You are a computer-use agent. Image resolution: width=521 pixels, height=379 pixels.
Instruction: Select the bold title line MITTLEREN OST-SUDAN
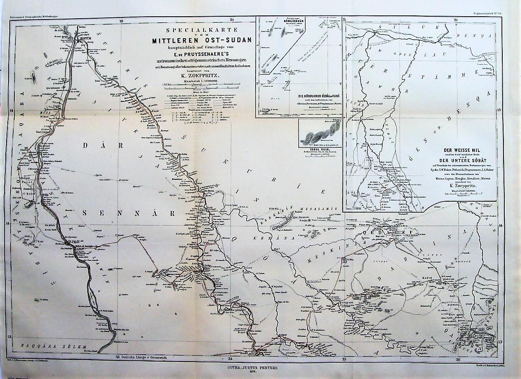pyautogui.click(x=202, y=40)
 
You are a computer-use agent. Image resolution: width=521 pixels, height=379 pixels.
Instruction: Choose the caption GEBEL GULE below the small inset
pyautogui.click(x=315, y=149)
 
